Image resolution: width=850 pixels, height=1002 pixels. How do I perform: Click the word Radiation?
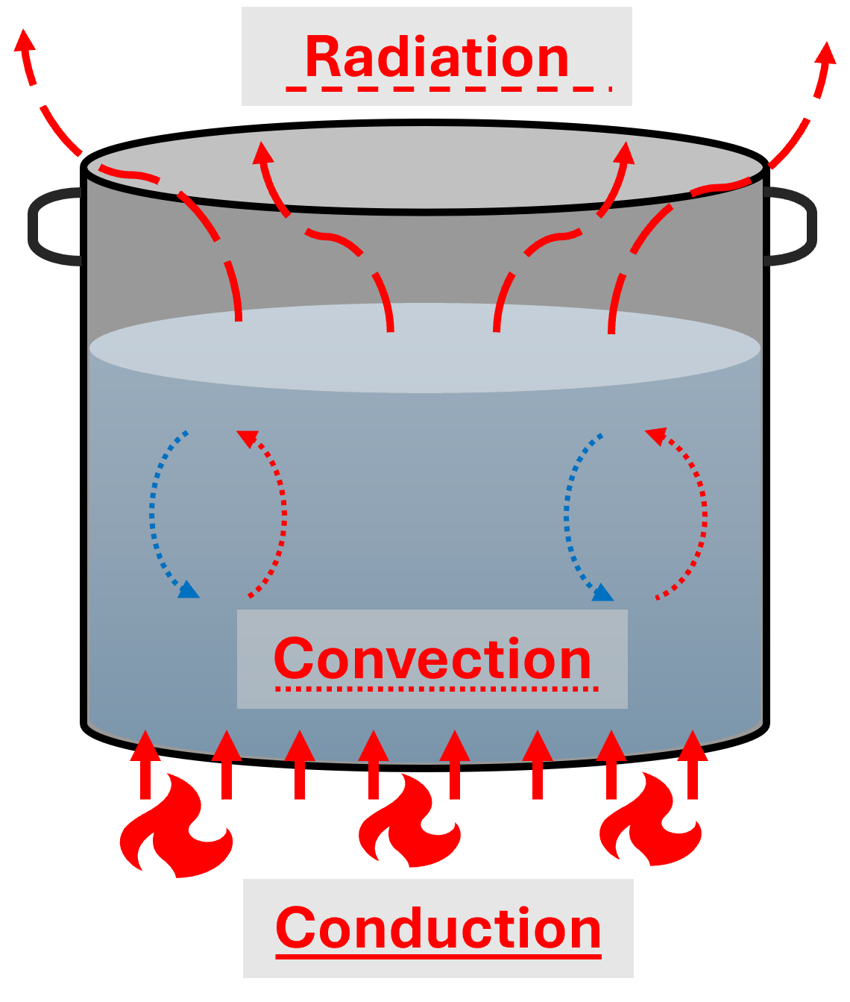(x=437, y=57)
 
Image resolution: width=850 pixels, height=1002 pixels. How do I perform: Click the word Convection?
(x=432, y=658)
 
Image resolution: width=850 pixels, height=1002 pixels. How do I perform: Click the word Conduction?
(x=438, y=927)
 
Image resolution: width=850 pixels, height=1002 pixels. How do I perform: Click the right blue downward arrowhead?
(x=602, y=593)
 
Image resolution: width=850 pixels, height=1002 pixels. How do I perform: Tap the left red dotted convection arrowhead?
(x=247, y=438)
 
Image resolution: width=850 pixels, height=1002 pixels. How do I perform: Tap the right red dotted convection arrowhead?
(x=655, y=435)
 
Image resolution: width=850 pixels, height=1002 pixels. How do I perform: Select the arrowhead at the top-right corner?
(x=825, y=54)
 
